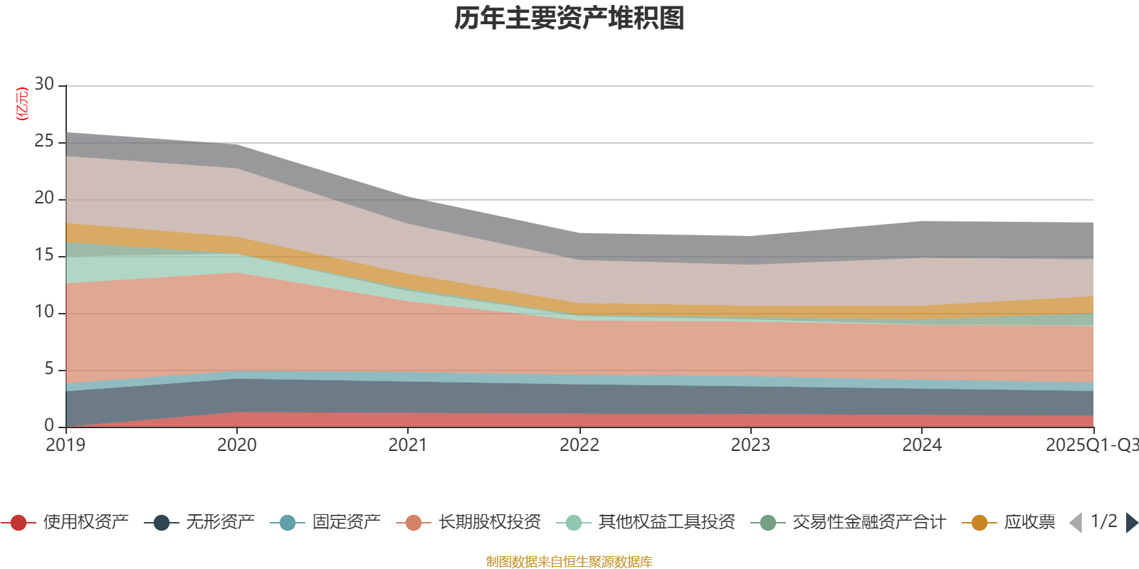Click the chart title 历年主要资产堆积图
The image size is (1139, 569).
coord(569,18)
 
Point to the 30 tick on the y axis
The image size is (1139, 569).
coord(44,84)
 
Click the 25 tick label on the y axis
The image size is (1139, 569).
coord(44,142)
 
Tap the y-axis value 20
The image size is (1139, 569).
coord(44,198)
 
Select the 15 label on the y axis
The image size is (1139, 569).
coord(44,255)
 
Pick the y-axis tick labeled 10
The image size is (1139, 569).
coord(44,312)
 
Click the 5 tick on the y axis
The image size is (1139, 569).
coord(49,369)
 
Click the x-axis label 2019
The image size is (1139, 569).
coord(65,445)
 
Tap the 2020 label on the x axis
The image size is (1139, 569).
coord(236,445)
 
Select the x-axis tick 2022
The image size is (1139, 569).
coord(579,445)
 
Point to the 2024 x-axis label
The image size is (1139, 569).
coord(922,445)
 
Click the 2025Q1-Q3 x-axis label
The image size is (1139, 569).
coord(1091,445)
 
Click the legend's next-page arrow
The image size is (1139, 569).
coord(1132,523)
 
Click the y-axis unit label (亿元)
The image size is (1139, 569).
coord(22,104)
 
